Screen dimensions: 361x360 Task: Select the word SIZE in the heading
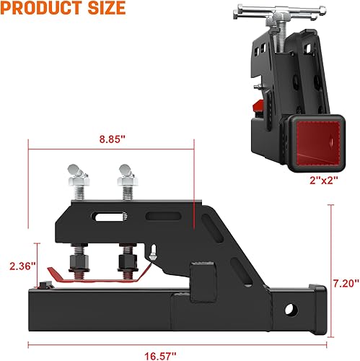tap(105, 9)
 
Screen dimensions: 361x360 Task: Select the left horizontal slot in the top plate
tap(107, 214)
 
